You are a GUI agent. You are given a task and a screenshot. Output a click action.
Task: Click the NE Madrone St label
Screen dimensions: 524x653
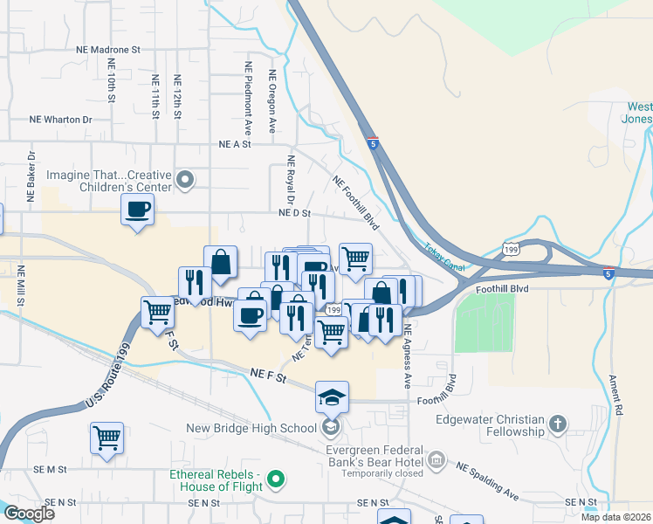pyautogui.click(x=108, y=51)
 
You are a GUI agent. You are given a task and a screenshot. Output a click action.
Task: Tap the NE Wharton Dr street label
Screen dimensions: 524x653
pyautogui.click(x=60, y=120)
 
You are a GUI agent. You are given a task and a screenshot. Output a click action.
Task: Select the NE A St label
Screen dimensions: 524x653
pyautogui.click(x=235, y=144)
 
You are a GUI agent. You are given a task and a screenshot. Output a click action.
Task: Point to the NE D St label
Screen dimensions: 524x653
pyautogui.click(x=294, y=212)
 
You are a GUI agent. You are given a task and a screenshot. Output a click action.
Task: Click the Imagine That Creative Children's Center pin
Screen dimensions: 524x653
pyautogui.click(x=184, y=181)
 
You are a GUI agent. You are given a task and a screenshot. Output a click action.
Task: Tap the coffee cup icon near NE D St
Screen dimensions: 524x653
pyautogui.click(x=138, y=210)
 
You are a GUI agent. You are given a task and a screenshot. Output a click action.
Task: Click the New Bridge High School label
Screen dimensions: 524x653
pyautogui.click(x=251, y=428)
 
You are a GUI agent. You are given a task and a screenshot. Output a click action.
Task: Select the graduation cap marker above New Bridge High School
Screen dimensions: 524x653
pyautogui.click(x=332, y=397)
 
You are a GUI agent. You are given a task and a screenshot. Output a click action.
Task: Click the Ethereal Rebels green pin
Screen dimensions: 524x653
pyautogui.click(x=277, y=478)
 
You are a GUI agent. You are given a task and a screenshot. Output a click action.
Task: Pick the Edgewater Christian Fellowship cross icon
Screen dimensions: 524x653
pyautogui.click(x=558, y=425)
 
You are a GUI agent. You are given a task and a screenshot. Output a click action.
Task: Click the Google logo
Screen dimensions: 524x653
pyautogui.click(x=29, y=513)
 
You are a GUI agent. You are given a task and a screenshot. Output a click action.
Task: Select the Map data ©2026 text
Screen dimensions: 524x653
pyautogui.click(x=615, y=517)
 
